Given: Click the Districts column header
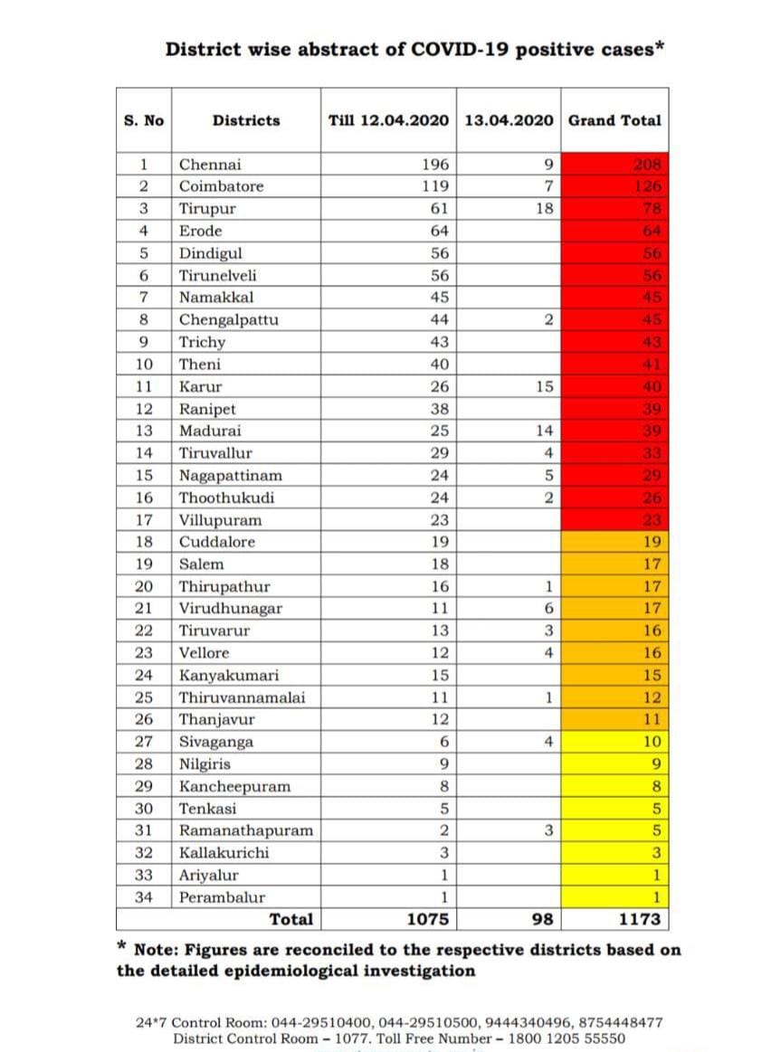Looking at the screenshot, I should click(x=246, y=120).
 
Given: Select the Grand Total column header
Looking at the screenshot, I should click(x=614, y=120).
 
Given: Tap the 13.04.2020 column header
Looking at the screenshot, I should click(x=509, y=120).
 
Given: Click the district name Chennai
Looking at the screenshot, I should click(x=210, y=165).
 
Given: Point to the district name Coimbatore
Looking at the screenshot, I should click(x=222, y=186).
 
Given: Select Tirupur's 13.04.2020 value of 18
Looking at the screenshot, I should click(x=544, y=209).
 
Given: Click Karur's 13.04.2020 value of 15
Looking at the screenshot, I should click(x=544, y=386).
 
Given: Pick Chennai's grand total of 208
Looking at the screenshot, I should click(x=649, y=165).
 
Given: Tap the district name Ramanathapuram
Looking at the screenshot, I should click(x=246, y=830).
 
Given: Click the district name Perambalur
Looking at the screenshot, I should click(x=223, y=897).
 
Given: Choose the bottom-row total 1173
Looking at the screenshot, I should click(x=639, y=920).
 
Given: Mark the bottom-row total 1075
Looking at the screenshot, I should click(x=428, y=920).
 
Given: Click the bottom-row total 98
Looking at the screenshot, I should click(x=543, y=920).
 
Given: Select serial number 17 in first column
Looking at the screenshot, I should click(x=144, y=520).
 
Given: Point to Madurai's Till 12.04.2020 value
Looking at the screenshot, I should click(x=439, y=431).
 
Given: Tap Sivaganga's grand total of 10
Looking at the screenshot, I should click(x=652, y=742).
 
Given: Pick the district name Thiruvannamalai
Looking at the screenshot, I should click(x=243, y=697).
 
